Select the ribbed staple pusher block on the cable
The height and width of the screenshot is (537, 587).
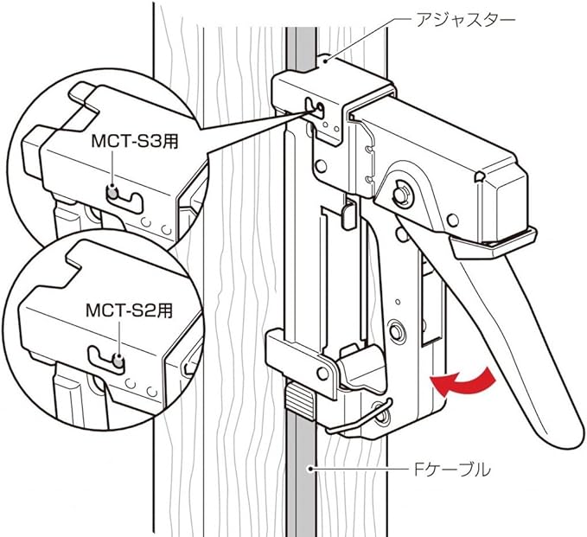(x=301, y=400)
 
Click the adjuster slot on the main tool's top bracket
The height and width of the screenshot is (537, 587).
(x=317, y=110)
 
